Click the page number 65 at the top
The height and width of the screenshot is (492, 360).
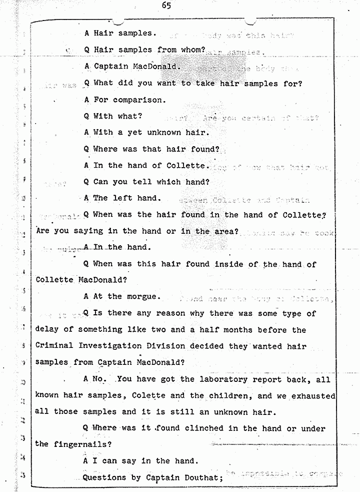click(166, 6)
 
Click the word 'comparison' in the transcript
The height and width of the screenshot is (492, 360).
click(139, 100)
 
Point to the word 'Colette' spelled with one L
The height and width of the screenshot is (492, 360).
click(149, 395)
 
